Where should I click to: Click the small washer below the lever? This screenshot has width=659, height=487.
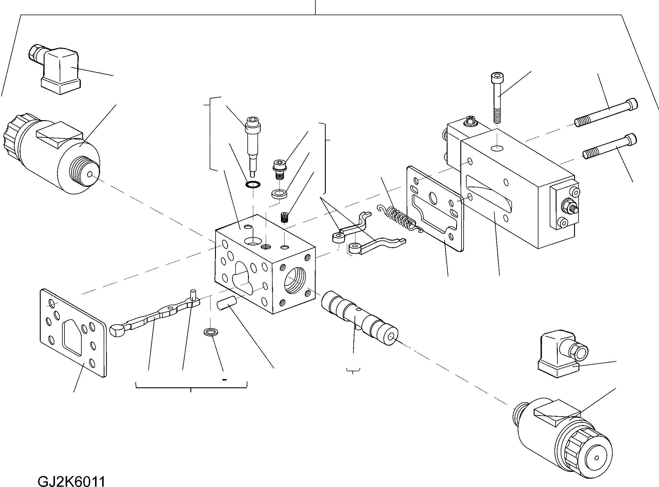(x=210, y=331)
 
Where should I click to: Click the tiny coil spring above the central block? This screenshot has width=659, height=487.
(x=285, y=217)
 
